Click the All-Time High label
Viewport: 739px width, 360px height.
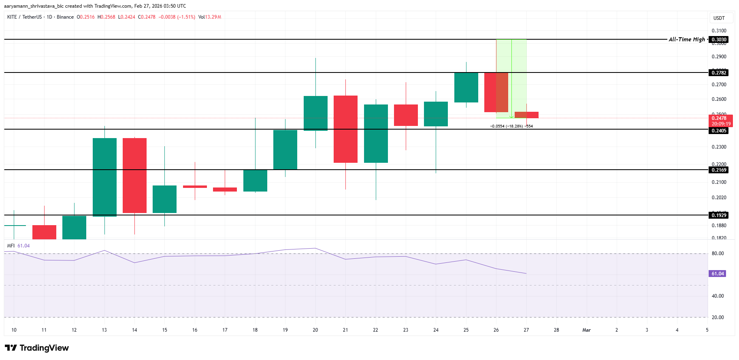(x=687, y=39)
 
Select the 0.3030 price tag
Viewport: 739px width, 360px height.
(x=719, y=40)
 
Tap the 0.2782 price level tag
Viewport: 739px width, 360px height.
(x=719, y=73)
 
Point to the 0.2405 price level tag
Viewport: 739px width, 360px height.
(x=719, y=131)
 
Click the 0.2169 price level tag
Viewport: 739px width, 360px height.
(x=719, y=170)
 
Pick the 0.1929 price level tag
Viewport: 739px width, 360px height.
(x=719, y=215)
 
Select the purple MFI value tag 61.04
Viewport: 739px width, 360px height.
(x=718, y=274)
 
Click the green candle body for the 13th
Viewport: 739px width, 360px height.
(x=104, y=177)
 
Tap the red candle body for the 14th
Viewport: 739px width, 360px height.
(x=134, y=175)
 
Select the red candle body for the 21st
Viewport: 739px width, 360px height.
(x=345, y=129)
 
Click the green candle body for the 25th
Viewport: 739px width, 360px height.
(x=466, y=87)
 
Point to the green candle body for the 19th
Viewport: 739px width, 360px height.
(x=285, y=149)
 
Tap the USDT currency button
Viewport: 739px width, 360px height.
(x=719, y=18)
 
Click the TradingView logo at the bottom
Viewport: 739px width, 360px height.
(x=37, y=348)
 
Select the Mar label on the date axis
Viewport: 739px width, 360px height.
(x=586, y=330)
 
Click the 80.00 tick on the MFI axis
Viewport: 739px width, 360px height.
(x=718, y=253)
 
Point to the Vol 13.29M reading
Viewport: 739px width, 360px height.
(x=210, y=17)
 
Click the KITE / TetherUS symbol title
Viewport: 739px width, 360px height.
(x=24, y=17)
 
